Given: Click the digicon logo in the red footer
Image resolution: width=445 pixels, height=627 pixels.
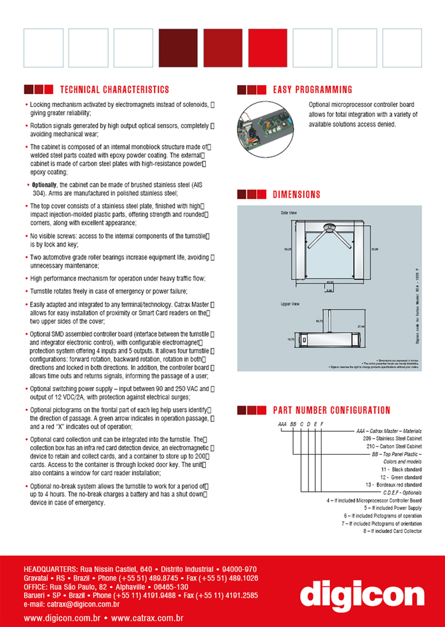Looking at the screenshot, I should coord(362,596).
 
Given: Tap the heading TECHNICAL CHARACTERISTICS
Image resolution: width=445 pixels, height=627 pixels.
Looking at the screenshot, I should coord(114,90).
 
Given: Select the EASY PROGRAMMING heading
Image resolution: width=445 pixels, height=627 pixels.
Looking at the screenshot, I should coord(312,90).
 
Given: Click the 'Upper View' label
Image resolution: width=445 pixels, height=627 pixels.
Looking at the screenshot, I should coord(291,304).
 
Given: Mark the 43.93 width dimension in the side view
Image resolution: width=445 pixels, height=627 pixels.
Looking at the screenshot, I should coord(330,282).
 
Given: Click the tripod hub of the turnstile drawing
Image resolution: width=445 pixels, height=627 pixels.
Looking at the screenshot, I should coord(329,226).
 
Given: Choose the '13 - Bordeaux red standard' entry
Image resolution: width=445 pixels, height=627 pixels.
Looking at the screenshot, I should coord(392,484).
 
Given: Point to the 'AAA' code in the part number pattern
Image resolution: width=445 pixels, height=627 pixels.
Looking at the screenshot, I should coord(282,423).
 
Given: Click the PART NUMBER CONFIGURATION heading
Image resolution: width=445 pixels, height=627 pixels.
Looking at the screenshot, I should coord(331,410).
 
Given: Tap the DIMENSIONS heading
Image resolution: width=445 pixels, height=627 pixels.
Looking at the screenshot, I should coord(296,195).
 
